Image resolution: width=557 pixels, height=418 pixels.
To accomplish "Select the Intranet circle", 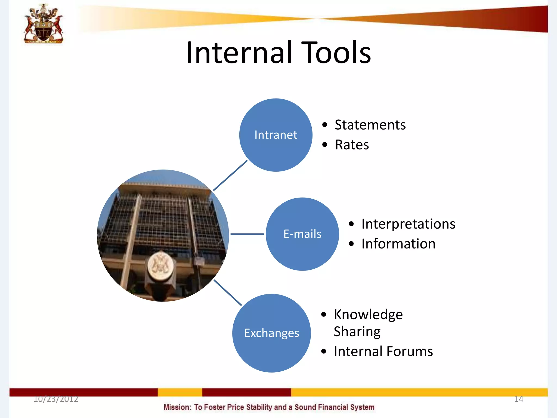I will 276,135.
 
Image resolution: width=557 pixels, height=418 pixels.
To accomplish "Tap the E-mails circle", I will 302,234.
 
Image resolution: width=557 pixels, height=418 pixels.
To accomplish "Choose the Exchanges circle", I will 271,333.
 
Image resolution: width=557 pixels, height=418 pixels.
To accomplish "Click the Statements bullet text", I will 370,125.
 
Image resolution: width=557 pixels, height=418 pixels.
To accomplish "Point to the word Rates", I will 352,145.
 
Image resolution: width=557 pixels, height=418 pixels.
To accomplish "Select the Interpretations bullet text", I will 408,224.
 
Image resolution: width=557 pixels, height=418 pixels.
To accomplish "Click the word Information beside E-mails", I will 398,244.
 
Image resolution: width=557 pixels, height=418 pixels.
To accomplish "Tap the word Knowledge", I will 368,315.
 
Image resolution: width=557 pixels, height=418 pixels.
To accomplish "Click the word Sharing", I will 357,332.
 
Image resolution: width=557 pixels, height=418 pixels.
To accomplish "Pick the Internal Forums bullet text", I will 383,351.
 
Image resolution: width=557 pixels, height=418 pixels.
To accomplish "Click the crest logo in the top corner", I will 44,24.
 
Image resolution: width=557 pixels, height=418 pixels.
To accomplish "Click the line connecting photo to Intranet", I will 230,176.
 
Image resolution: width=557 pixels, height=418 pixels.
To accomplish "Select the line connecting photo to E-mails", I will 247,234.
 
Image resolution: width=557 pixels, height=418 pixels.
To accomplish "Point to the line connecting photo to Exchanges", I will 228,293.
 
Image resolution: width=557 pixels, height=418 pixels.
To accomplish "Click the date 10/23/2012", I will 56,399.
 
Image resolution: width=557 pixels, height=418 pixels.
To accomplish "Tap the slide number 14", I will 518,399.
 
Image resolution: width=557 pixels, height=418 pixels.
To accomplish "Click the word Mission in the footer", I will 177,407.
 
